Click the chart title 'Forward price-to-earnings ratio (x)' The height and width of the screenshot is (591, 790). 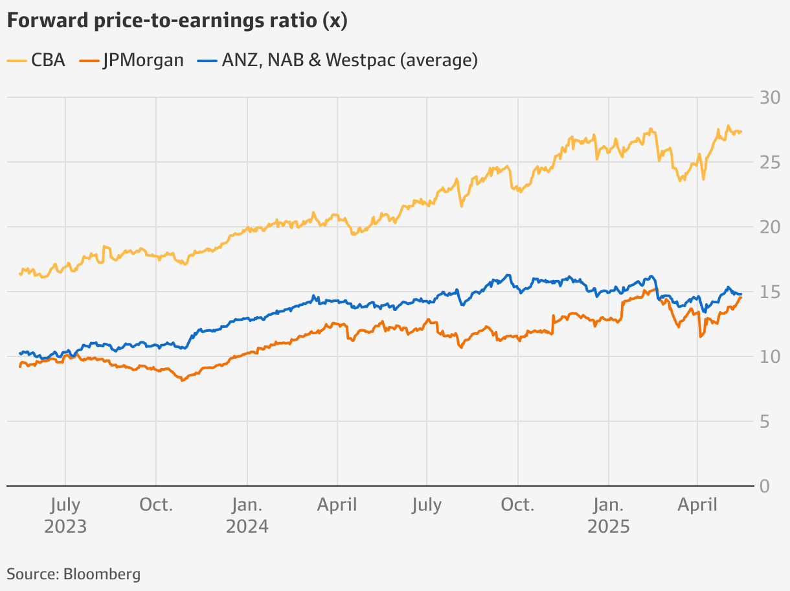tap(177, 21)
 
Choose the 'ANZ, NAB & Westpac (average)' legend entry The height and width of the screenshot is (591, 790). tap(339, 60)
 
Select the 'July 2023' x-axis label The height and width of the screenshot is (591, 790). tap(65, 515)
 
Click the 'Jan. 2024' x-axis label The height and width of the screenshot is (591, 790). tap(247, 515)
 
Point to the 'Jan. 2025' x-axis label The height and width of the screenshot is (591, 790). tap(608, 515)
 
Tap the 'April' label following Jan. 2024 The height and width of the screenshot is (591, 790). tap(337, 505)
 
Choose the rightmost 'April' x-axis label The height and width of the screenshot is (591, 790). tap(697, 505)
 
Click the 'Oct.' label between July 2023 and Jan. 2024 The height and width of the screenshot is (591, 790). tap(156, 505)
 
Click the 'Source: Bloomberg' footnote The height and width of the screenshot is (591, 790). tap(73, 574)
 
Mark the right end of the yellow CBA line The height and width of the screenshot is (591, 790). tap(741, 132)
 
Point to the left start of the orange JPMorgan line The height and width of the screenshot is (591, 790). tap(20, 367)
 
